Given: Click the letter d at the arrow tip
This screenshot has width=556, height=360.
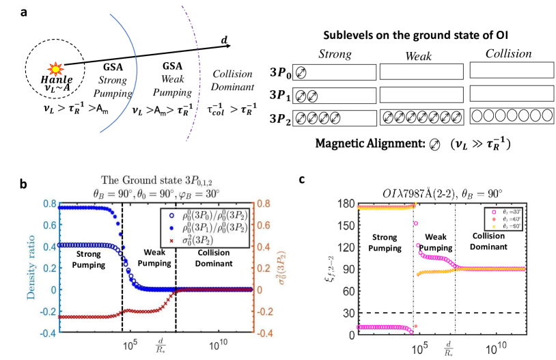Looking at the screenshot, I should pyautogui.click(x=224, y=40).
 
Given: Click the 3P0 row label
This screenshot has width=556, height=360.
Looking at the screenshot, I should pyautogui.click(x=279, y=73).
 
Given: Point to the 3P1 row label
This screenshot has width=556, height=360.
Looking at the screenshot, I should pyautogui.click(x=279, y=96).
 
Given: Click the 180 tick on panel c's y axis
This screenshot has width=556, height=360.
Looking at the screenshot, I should pyautogui.click(x=346, y=204).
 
